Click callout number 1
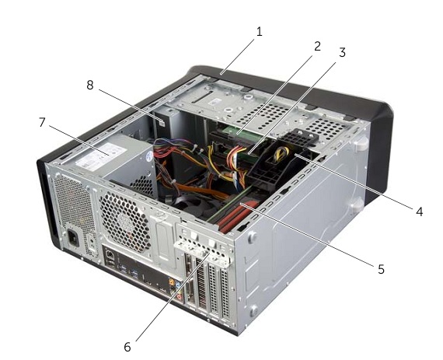260,32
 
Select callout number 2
318,47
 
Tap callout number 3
342,53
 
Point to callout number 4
419,211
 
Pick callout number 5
382,269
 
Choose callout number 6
127,347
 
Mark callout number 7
42,122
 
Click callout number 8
90,85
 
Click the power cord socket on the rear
73,239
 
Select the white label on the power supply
101,156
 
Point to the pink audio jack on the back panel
179,297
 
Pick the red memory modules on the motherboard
235,215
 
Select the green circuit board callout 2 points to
241,133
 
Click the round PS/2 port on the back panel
110,254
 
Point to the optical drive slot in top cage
203,96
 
